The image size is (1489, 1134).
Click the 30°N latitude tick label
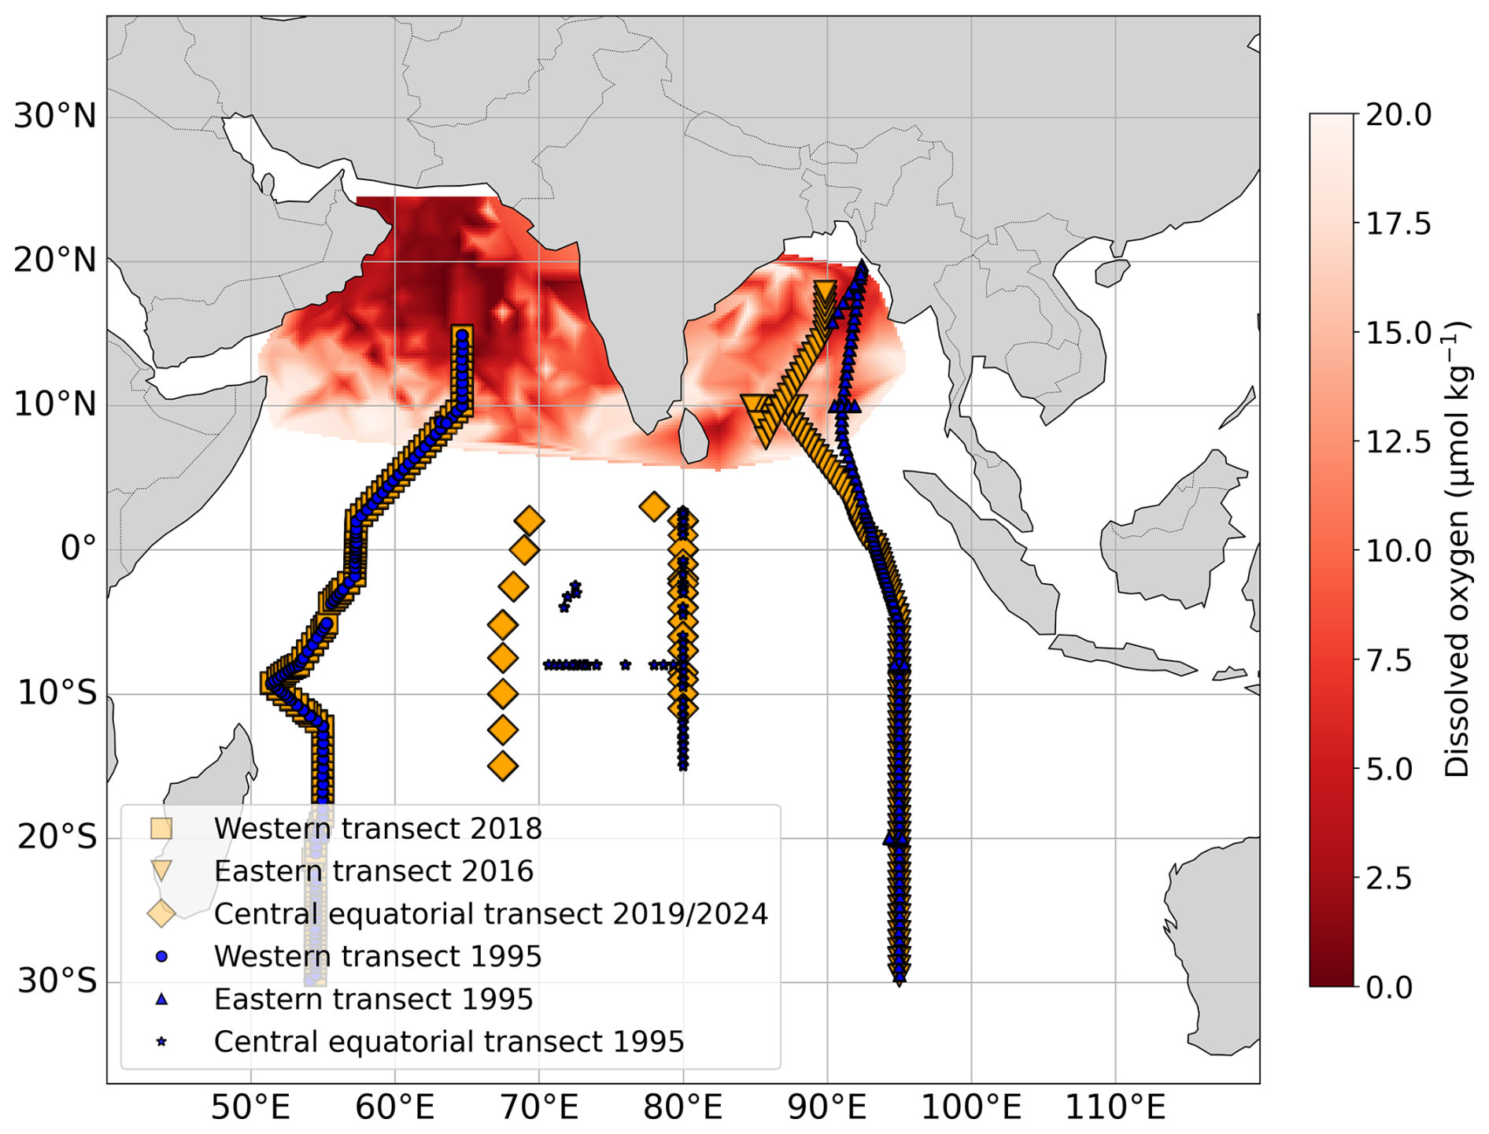point(55,116)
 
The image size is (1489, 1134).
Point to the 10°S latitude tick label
point(57,693)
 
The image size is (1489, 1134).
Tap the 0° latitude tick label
point(79,549)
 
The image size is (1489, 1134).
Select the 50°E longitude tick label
point(250,1108)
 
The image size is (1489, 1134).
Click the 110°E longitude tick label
point(1114,1108)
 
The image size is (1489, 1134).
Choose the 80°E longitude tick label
point(682,1108)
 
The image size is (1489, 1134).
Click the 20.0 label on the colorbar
point(1398,115)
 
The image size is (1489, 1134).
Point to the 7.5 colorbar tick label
point(1389,659)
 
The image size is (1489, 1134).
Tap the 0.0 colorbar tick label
point(1389,986)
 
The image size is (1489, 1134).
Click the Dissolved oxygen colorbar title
point(1458,549)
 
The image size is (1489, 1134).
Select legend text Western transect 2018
point(378,829)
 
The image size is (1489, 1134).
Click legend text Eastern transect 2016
point(374,871)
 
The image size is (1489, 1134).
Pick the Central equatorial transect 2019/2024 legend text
point(491,914)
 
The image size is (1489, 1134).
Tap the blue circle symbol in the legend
point(161,956)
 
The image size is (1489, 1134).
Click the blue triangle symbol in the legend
point(161,999)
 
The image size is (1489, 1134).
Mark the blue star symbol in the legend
point(161,1041)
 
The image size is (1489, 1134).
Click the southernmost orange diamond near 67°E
point(503,765)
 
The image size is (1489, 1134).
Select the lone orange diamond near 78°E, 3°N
point(654,506)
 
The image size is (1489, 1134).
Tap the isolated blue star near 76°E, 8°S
point(625,665)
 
